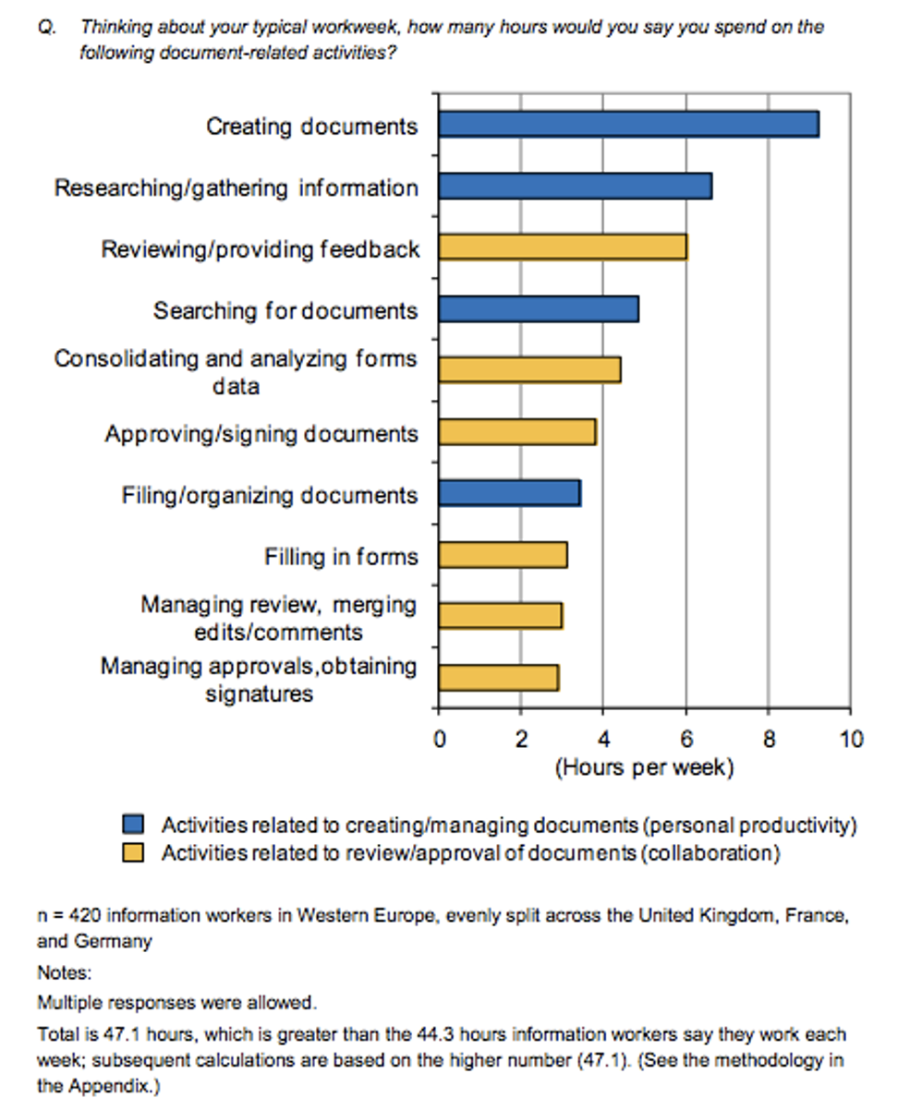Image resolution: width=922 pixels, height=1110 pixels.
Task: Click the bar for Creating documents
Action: (x=628, y=125)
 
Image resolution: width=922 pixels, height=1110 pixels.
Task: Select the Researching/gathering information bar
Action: (x=575, y=187)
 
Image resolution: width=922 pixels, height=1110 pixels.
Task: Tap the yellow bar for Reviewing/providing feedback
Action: (x=563, y=247)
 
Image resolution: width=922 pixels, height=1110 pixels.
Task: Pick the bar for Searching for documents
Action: (x=539, y=309)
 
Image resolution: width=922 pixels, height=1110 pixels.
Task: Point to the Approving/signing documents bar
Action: (x=517, y=432)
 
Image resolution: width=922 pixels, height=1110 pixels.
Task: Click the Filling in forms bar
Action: (x=503, y=555)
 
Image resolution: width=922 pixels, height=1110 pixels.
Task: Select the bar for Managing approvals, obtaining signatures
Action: (x=499, y=678)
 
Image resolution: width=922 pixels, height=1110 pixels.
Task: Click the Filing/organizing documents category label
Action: (x=270, y=496)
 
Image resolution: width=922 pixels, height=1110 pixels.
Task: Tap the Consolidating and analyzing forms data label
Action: (x=236, y=371)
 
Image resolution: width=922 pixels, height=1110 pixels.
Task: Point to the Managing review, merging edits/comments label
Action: (x=278, y=618)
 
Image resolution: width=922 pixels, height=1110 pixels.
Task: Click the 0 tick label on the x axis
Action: (x=439, y=740)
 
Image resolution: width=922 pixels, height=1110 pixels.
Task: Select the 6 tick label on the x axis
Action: (x=685, y=740)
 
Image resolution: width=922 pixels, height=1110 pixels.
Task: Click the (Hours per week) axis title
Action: (x=644, y=767)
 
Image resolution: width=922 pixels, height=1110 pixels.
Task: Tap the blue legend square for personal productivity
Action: (x=134, y=824)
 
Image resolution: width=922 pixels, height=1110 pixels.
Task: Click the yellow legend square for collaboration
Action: (x=134, y=853)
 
